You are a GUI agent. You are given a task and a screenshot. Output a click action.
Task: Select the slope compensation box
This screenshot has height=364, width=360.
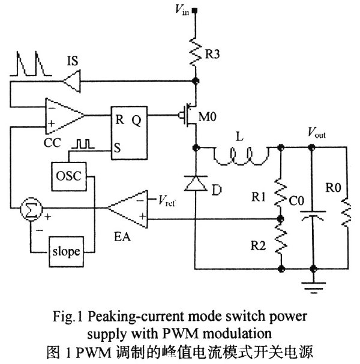(x=65, y=251)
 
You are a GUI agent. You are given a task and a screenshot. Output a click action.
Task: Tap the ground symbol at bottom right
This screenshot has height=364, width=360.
(x=312, y=287)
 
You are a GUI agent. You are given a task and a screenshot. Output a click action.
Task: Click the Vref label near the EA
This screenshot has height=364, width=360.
(x=164, y=198)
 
